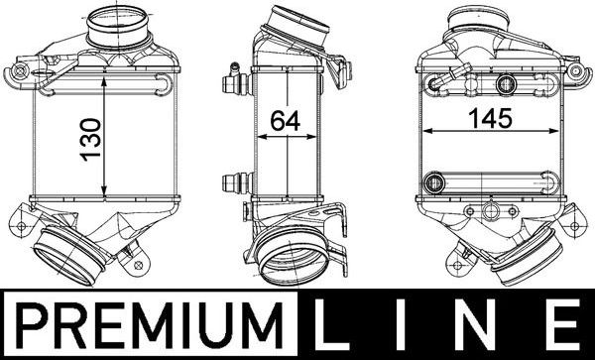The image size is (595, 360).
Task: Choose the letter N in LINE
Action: (x=483, y=325)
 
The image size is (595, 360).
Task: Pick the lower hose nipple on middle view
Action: (x=235, y=182)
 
